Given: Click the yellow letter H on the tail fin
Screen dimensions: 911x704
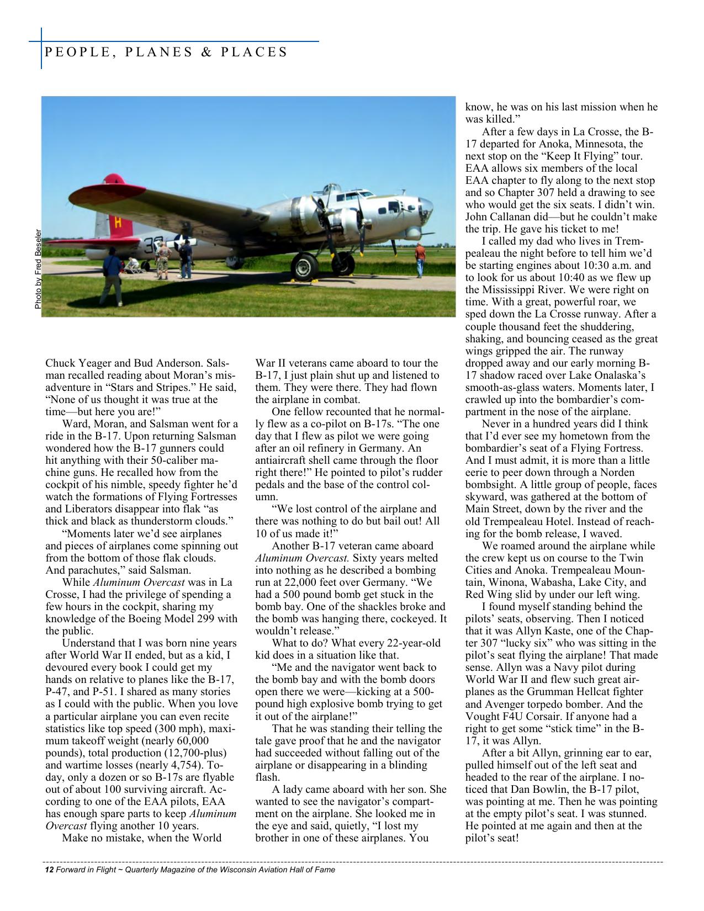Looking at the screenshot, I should point(117,223).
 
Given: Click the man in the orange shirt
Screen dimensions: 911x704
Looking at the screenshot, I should point(421,258).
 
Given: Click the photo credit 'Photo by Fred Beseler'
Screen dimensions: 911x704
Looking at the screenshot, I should point(38,269).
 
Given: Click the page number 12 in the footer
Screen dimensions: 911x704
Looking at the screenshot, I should point(49,870).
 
